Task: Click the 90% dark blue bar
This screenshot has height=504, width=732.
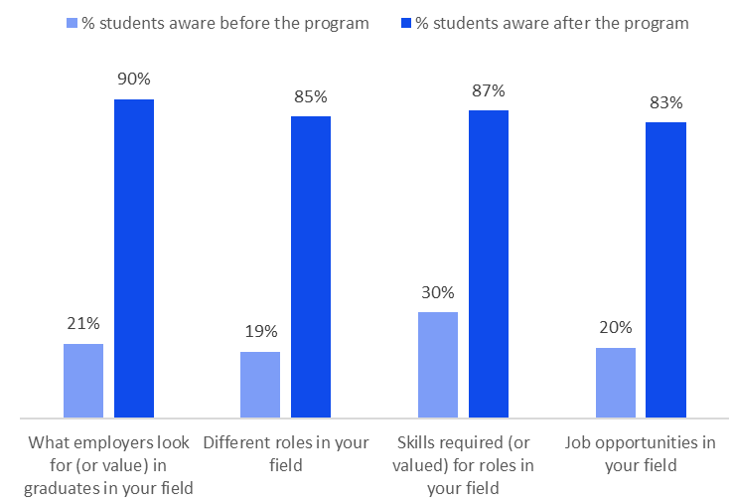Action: (134, 258)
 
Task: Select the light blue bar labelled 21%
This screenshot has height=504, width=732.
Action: (83, 381)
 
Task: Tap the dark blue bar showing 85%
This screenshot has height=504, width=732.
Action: (311, 266)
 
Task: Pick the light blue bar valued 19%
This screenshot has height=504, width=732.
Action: (260, 385)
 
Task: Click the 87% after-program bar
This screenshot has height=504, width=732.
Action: (489, 263)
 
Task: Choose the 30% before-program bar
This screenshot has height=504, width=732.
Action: (438, 365)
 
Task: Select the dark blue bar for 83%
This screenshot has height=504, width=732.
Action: (665, 269)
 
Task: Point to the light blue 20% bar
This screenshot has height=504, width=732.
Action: (616, 383)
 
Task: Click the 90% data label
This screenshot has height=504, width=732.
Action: (134, 80)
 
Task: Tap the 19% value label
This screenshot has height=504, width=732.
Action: (260, 332)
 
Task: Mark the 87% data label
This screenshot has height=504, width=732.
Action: (489, 90)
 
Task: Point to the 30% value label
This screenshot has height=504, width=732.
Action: (438, 292)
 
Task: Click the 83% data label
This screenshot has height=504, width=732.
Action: (665, 102)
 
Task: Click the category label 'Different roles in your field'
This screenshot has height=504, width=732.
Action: (286, 452)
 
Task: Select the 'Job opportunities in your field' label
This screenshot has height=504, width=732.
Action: (640, 452)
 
